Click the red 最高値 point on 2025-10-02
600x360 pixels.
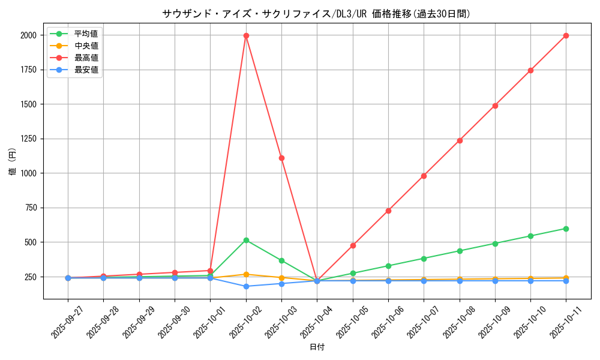pyautogui.click(x=246, y=35)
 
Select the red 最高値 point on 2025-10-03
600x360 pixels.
pyautogui.click(x=281, y=158)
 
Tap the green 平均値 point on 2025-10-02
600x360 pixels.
pyautogui.click(x=246, y=240)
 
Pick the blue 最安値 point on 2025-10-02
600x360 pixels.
pyautogui.click(x=246, y=286)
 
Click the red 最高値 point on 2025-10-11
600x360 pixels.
pyautogui.click(x=566, y=35)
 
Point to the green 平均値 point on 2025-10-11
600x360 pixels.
pyautogui.click(x=566, y=229)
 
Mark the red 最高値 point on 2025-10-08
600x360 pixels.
pyautogui.click(x=460, y=140)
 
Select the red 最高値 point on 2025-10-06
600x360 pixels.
pyautogui.click(x=388, y=211)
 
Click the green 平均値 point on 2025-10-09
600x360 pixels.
pyautogui.click(x=495, y=244)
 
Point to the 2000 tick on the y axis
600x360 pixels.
pyautogui.click(x=28, y=35)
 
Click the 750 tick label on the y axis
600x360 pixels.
pyautogui.click(x=30, y=208)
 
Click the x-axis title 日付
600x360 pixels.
pyautogui.click(x=317, y=347)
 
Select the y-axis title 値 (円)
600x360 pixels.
pyautogui.click(x=13, y=163)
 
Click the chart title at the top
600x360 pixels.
pyautogui.click(x=316, y=14)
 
